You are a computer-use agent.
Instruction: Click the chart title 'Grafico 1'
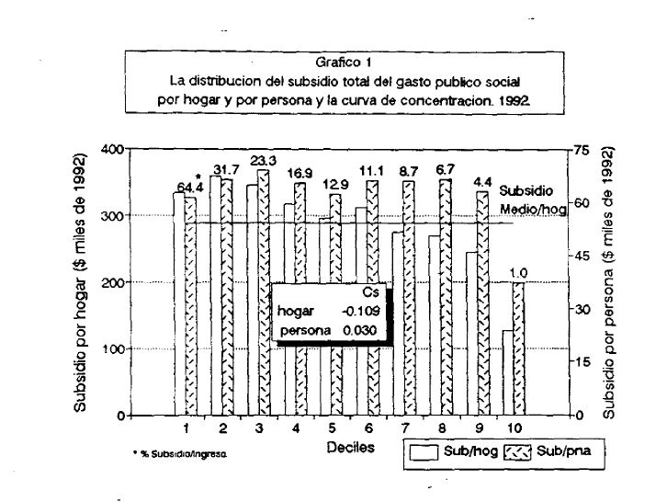click(x=344, y=63)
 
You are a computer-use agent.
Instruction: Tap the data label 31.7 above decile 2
click(x=226, y=170)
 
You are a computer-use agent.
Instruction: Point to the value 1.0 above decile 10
click(x=518, y=273)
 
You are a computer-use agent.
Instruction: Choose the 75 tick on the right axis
click(x=580, y=150)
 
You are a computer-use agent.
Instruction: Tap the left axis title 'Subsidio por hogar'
click(x=82, y=282)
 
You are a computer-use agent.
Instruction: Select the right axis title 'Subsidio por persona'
click(x=609, y=282)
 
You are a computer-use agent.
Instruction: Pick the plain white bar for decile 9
click(x=472, y=333)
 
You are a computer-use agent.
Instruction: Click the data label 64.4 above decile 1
click(x=190, y=188)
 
